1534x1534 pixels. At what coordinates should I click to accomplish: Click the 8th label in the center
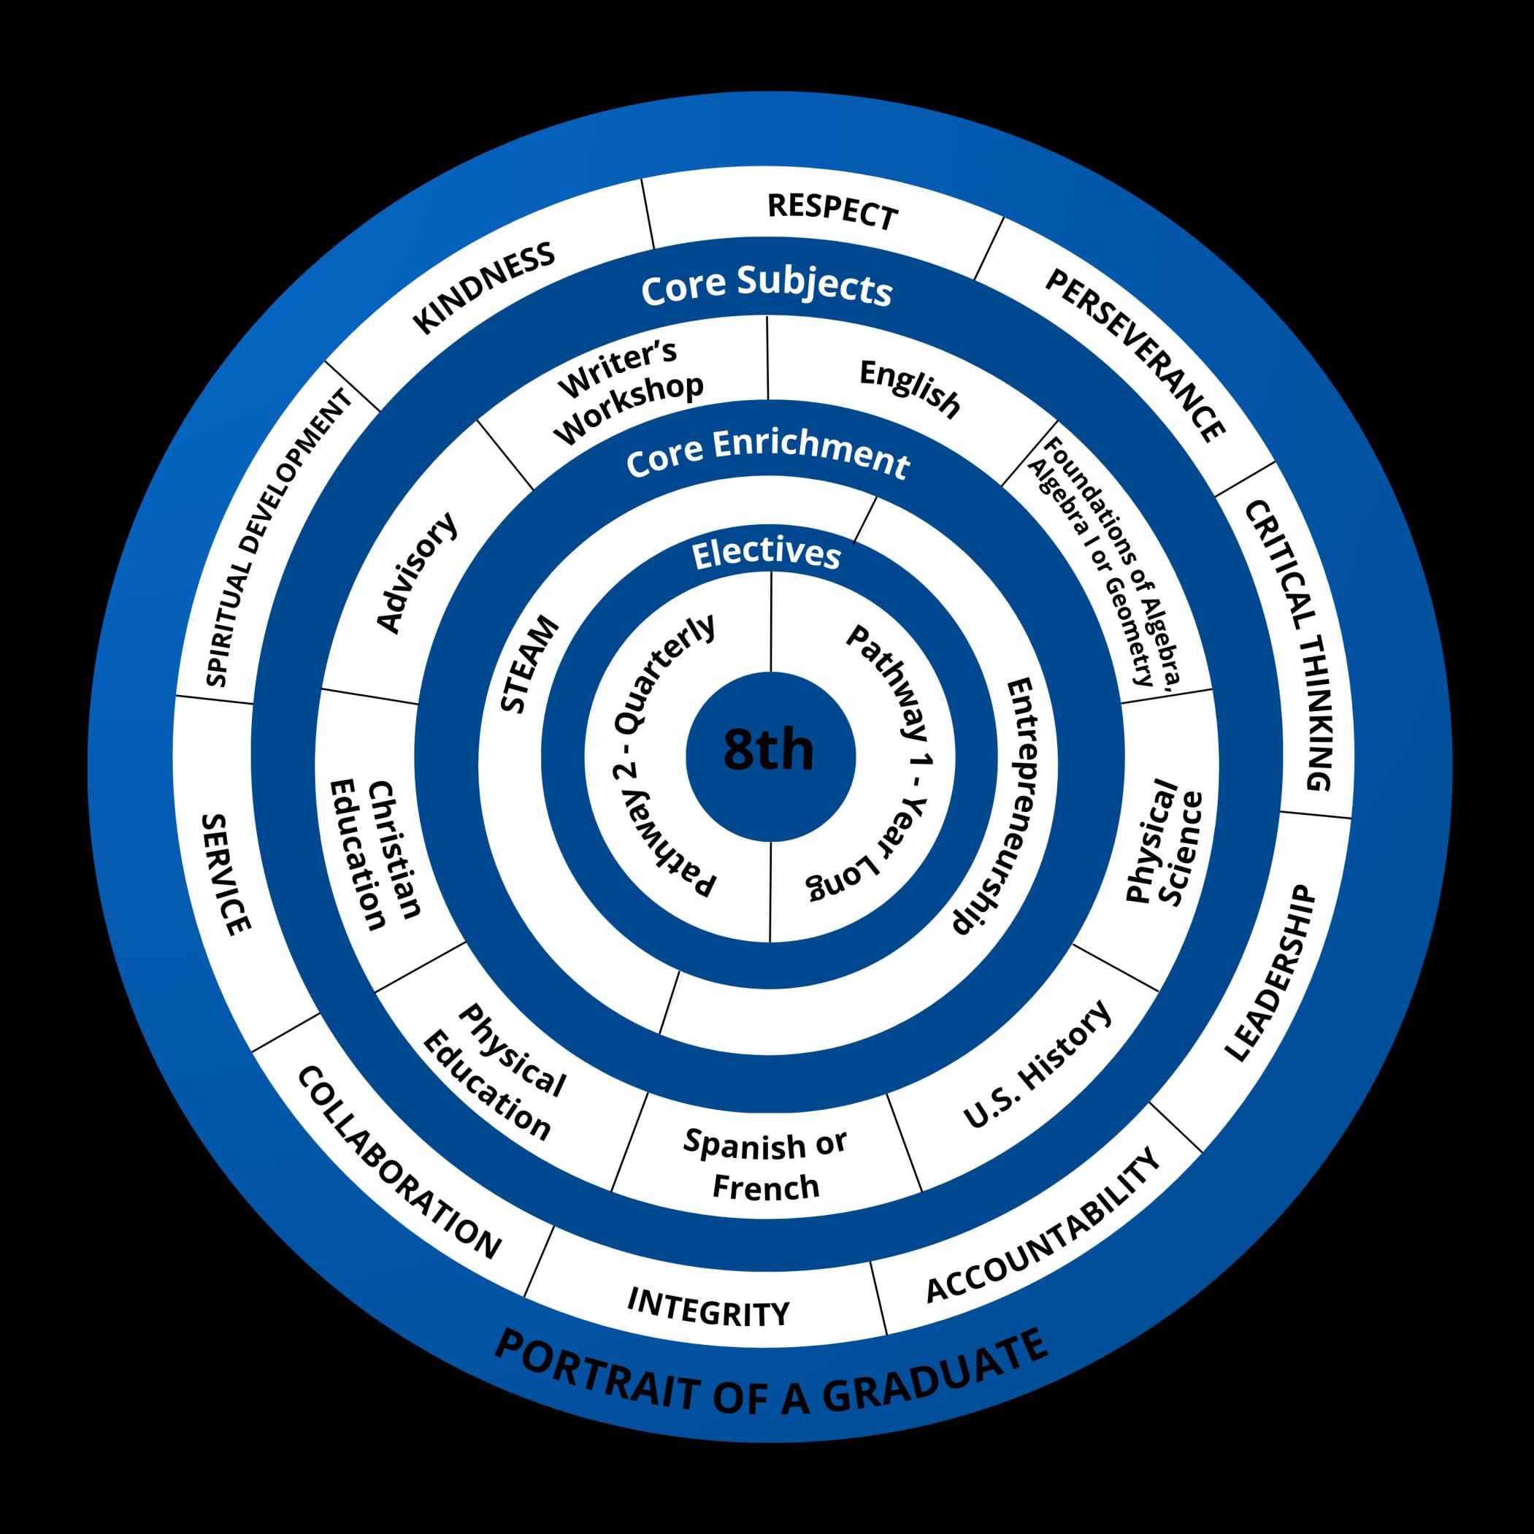[x=769, y=751]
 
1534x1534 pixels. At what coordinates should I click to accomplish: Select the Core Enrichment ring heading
[x=767, y=455]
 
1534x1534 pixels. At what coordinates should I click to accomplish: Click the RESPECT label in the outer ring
[x=833, y=211]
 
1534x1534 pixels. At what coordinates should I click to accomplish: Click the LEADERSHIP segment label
[x=1270, y=973]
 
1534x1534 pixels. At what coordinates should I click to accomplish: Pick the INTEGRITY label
[x=708, y=1308]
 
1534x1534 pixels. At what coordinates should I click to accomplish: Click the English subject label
[x=910, y=388]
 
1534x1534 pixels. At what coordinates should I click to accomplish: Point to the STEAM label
[x=530, y=665]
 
